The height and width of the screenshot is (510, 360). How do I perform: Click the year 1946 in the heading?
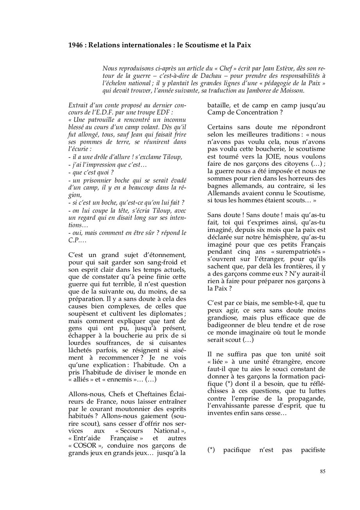click(x=76, y=45)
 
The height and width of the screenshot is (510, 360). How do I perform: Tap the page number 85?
click(x=322, y=471)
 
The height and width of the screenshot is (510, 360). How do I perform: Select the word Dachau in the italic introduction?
click(x=180, y=76)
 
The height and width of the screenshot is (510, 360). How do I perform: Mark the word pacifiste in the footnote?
click(x=313, y=450)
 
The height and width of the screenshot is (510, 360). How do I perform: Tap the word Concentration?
click(x=252, y=113)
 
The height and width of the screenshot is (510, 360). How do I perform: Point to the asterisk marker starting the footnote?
click(x=211, y=450)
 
